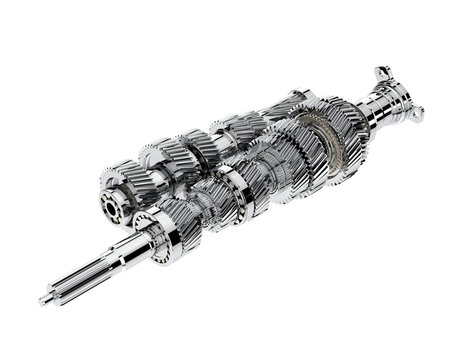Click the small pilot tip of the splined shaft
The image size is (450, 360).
tap(44, 299)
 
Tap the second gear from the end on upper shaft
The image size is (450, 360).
tap(160, 160)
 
